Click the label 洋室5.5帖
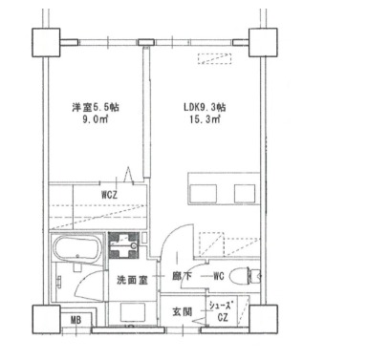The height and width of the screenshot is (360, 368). click(x=97, y=107)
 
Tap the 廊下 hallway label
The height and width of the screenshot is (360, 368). click(x=182, y=278)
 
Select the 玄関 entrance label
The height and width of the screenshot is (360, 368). click(x=183, y=312)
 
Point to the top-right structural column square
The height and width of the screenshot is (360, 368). click(x=261, y=42)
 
